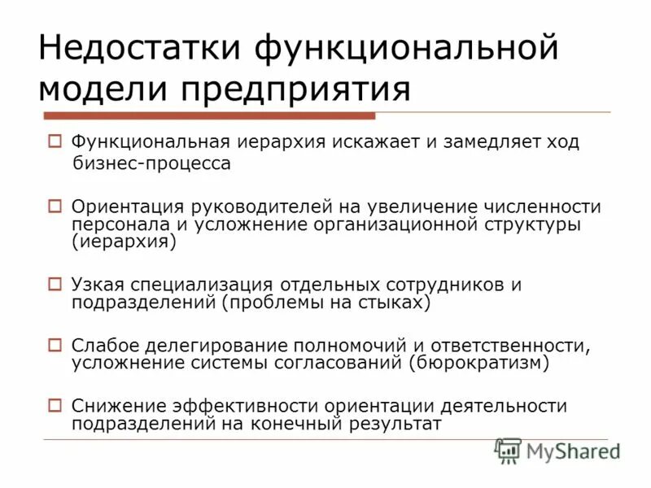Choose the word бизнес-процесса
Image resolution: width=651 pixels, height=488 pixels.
point(151,163)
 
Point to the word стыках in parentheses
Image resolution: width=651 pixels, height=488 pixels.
point(395,303)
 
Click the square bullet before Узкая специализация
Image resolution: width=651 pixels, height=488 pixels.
point(55,285)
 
